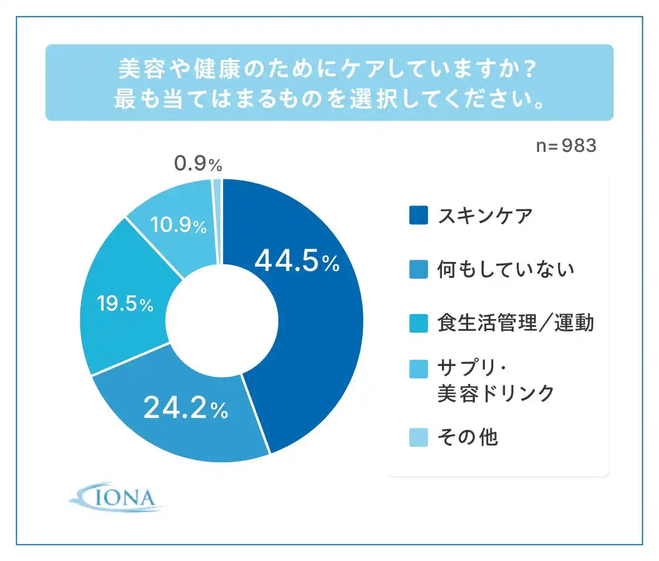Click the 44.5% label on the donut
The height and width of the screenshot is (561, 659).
[296, 262]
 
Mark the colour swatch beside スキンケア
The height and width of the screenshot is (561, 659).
[419, 216]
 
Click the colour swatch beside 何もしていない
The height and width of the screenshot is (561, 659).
[419, 270]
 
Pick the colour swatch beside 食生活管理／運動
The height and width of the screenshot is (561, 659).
[419, 324]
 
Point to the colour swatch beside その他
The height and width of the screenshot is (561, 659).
[419, 438]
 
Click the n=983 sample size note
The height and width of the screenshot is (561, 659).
[566, 146]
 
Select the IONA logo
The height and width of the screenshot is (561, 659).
[117, 497]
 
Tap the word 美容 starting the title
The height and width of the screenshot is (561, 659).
[137, 70]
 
